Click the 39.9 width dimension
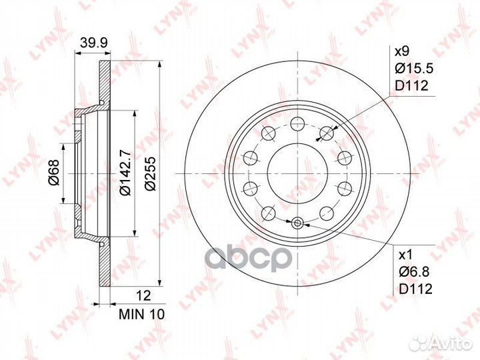[93, 43]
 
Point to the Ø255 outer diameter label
[150, 173]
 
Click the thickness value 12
[143, 296]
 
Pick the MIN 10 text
[142, 315]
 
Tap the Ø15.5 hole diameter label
[414, 69]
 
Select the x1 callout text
[405, 255]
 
